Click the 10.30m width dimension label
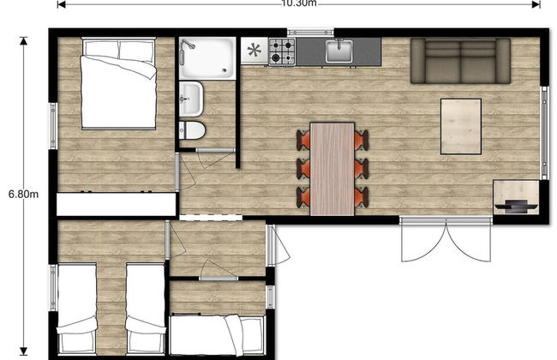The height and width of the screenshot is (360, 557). tap(298, 3)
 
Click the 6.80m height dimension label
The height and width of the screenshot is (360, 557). tap(23, 194)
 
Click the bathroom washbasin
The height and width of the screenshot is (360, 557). tap(190, 99)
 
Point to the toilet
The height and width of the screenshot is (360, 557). tap(192, 131)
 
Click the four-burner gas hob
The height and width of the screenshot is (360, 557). tap(283, 51)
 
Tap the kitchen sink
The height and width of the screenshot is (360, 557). tap(340, 51)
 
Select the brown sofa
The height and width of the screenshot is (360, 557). tap(461, 60)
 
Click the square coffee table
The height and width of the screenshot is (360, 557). tap(461, 126)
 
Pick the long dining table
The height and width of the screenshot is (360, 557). tap(332, 168)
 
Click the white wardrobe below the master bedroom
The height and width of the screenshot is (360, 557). tap(116, 204)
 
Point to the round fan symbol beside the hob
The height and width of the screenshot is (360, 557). tap(254, 51)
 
